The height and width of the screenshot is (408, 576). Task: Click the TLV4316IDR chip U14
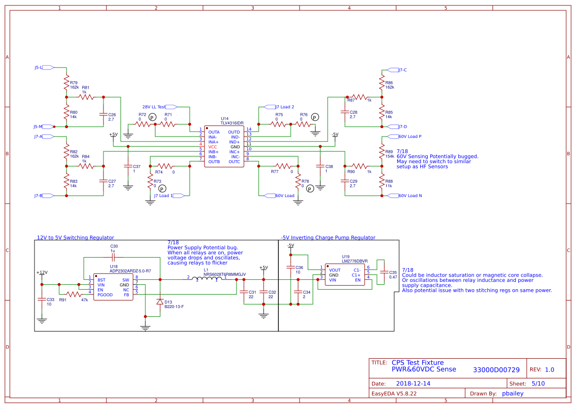[224, 147]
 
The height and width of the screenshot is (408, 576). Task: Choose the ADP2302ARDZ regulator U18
[113, 287]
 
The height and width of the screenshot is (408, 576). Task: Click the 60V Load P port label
[409, 136]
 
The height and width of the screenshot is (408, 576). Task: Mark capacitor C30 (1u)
[113, 257]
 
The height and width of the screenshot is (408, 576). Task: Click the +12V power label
[41, 272]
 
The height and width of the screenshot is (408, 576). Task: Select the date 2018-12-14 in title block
[413, 383]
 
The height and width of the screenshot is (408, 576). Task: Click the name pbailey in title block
[512, 393]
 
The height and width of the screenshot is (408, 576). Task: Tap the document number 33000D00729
[496, 370]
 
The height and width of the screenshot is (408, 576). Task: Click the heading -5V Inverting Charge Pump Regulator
[328, 238]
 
